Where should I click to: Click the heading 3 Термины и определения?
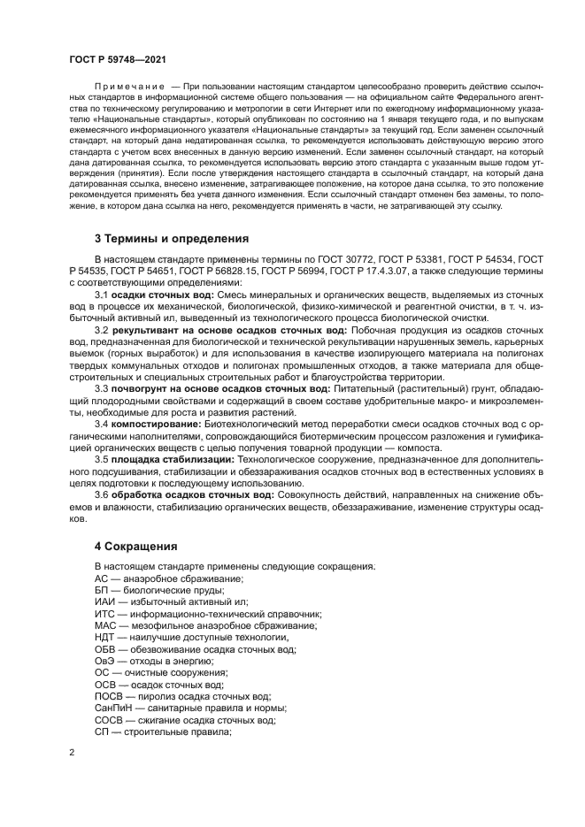171,239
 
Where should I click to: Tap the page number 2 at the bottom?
72,751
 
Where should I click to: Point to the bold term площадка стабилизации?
173,460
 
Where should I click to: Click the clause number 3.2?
101,329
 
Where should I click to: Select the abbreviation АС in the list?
101,578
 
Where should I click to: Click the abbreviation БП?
101,590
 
